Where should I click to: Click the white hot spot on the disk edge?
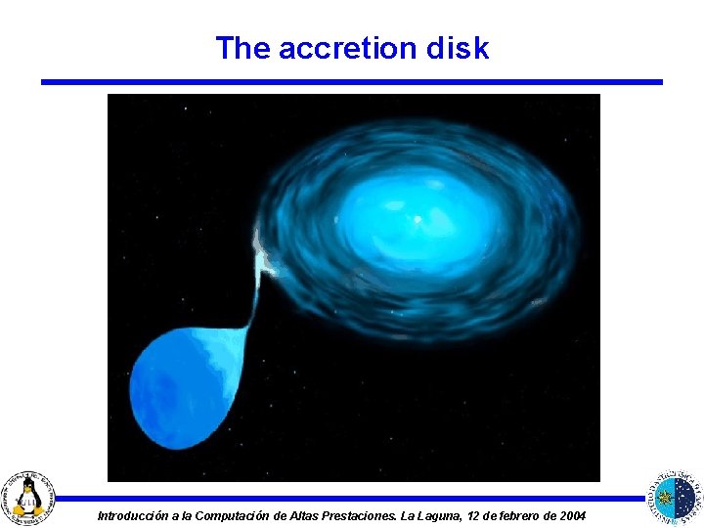(x=263, y=250)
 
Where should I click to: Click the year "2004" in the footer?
(x=569, y=515)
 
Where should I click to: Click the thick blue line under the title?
(x=352, y=82)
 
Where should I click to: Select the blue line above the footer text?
(x=352, y=498)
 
